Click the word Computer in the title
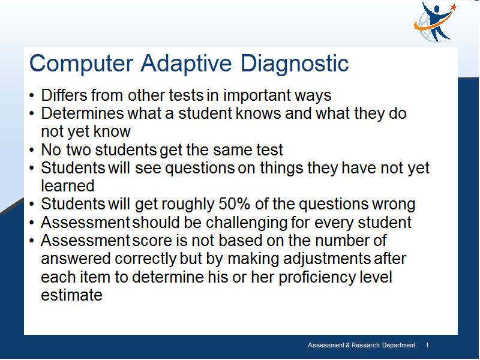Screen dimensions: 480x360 pyautogui.click(x=81, y=64)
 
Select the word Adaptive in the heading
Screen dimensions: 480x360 pyautogui.click(x=186, y=64)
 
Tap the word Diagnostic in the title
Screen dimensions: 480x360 pyautogui.click(x=295, y=64)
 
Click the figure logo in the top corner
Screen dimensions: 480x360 pyautogui.click(x=434, y=22)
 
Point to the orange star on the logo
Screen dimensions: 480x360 pyautogui.click(x=454, y=7)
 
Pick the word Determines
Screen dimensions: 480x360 pyautogui.click(x=83, y=113)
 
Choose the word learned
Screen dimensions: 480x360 pyautogui.click(x=68, y=186)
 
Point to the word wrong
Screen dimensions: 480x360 pyautogui.click(x=394, y=205)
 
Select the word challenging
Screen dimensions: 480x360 pyautogui.click(x=247, y=223)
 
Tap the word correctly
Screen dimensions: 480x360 pyautogui.click(x=146, y=259)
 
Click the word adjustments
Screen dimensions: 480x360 pyautogui.click(x=327, y=259)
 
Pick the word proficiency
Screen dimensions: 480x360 pyautogui.click(x=317, y=277)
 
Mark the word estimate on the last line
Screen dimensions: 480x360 pyautogui.click(x=71, y=295)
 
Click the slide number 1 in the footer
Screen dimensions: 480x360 pyautogui.click(x=427, y=346)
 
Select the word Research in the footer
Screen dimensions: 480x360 pyautogui.click(x=365, y=346)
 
